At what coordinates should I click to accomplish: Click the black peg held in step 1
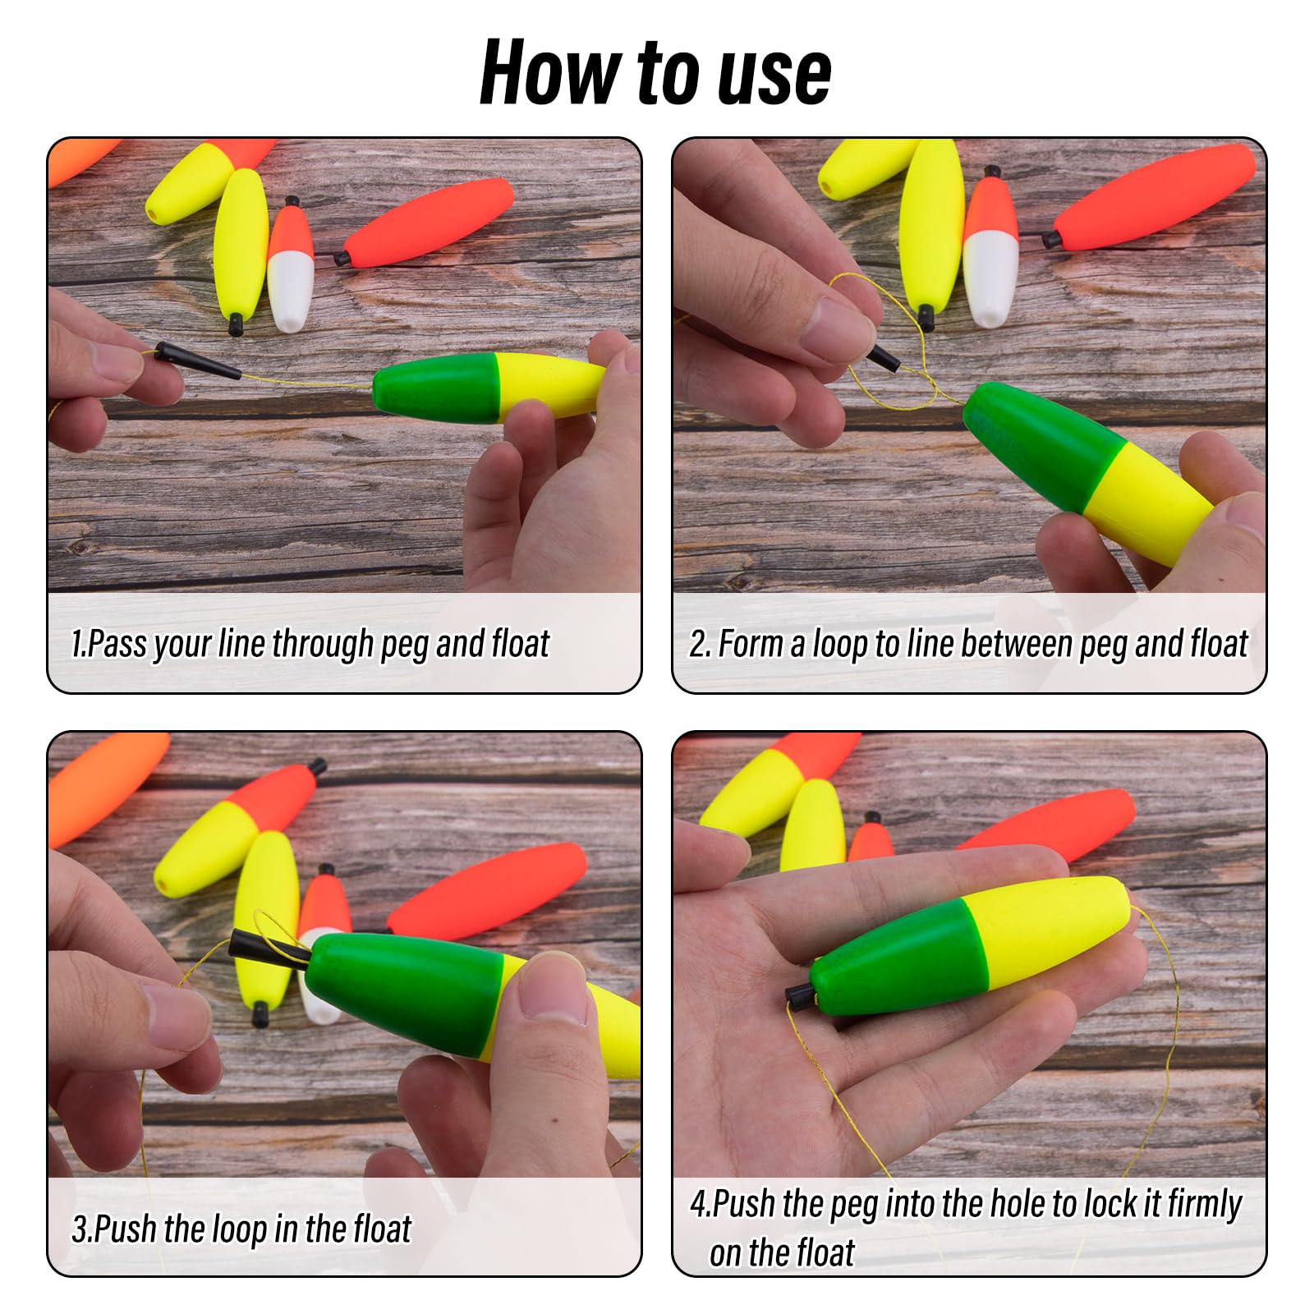(x=197, y=361)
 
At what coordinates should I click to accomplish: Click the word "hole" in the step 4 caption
(x=1018, y=1204)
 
